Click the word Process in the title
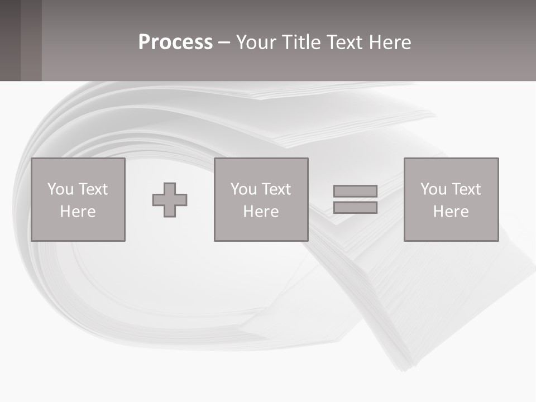tap(175, 42)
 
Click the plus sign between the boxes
tap(170, 200)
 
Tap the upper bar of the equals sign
tap(355, 191)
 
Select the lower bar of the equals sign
tap(355, 208)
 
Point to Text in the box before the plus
tap(93, 189)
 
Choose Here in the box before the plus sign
tap(78, 212)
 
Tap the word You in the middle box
tap(244, 189)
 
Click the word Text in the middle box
tap(276, 189)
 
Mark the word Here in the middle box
tap(261, 212)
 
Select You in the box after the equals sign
tap(434, 189)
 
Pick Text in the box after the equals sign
tap(466, 189)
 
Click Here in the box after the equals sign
tap(451, 212)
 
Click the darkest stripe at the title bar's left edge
tap(10, 40)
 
